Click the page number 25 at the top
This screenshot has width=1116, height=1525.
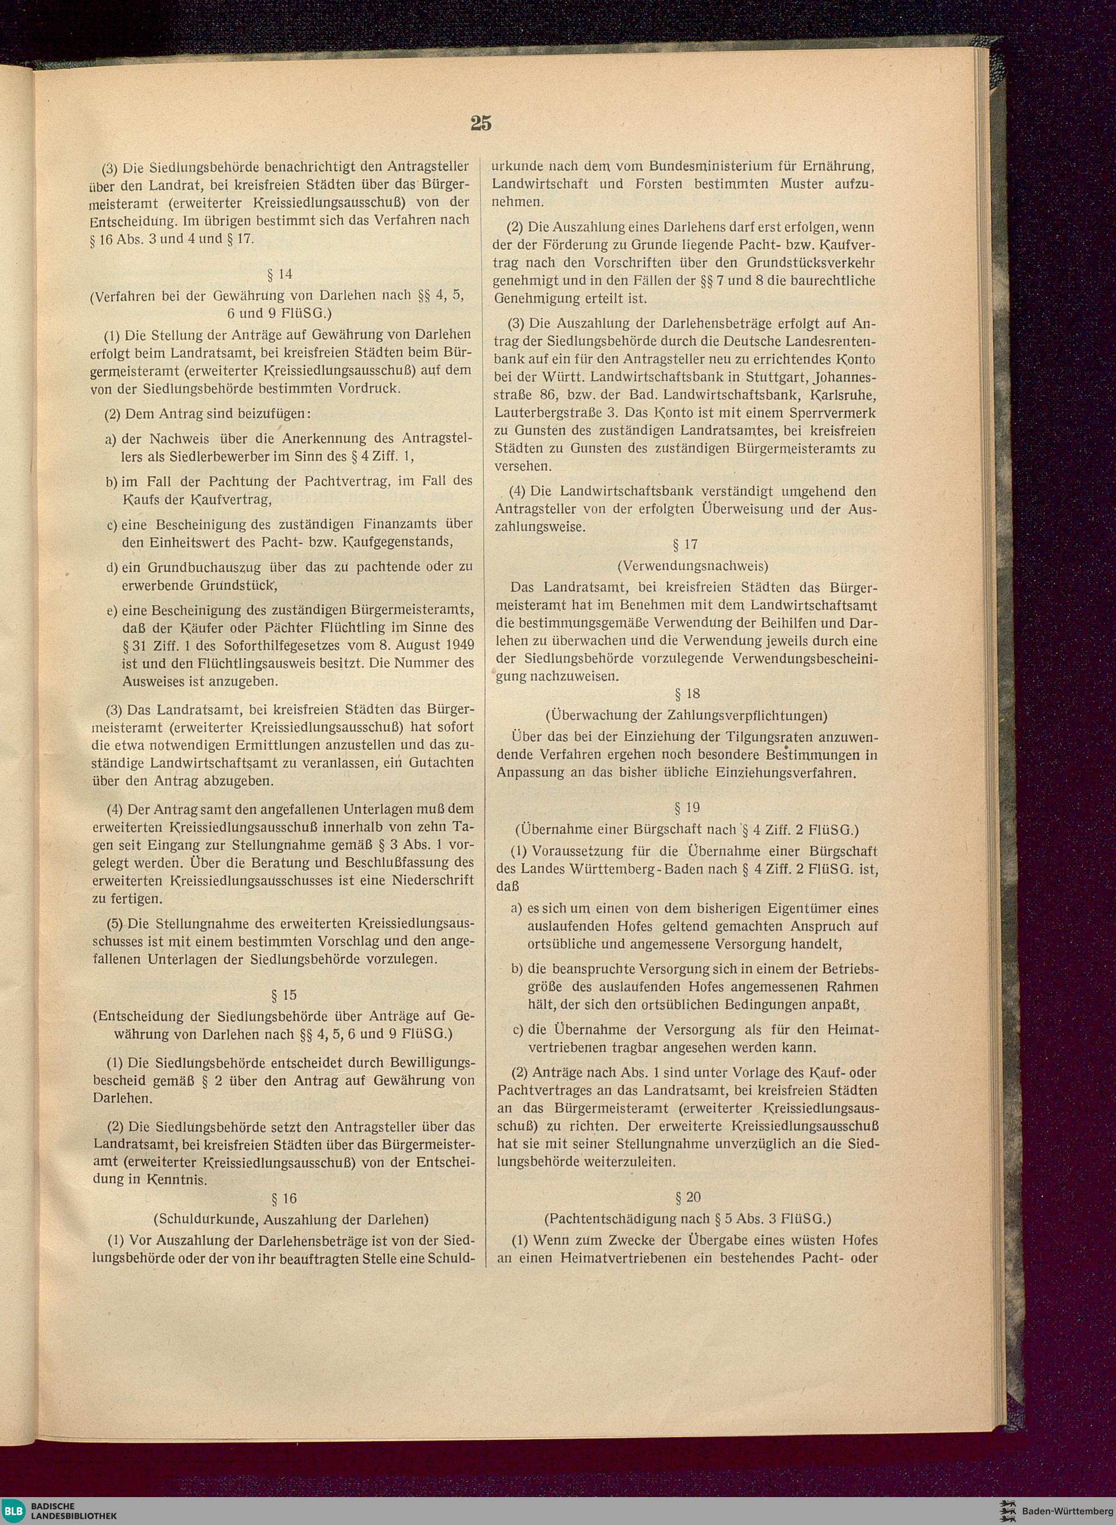(x=480, y=123)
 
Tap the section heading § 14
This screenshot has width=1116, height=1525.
(x=280, y=274)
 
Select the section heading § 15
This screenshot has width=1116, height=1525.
(x=283, y=995)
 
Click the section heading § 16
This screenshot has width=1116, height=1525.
(x=283, y=1198)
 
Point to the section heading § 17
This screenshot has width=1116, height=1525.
(x=686, y=544)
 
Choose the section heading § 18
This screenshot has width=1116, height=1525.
(x=687, y=694)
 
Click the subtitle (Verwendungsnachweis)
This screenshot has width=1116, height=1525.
(x=692, y=565)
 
